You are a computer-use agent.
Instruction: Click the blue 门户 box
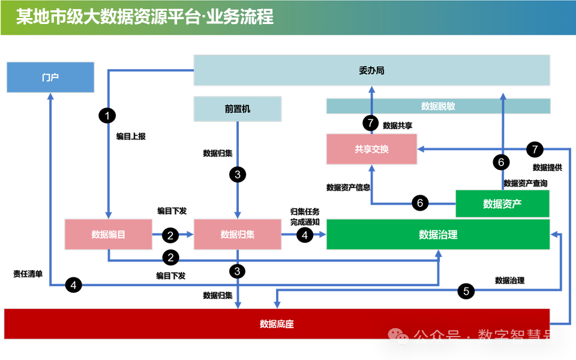pyautogui.click(x=50, y=77)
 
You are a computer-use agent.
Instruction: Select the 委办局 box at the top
pyautogui.click(x=371, y=70)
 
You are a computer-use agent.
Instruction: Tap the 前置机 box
pyautogui.click(x=238, y=109)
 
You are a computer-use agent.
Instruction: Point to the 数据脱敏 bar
pyautogui.click(x=438, y=106)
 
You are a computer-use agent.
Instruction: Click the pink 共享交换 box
pyautogui.click(x=371, y=149)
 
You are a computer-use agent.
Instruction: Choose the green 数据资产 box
pyautogui.click(x=502, y=204)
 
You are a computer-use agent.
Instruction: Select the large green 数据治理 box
pyautogui.click(x=438, y=235)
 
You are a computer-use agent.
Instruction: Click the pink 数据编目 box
pyautogui.click(x=109, y=235)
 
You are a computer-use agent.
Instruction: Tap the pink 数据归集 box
pyautogui.click(x=238, y=235)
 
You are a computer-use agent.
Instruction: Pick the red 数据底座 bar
pyautogui.click(x=277, y=324)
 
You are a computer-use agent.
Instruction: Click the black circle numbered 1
pyautogui.click(x=107, y=115)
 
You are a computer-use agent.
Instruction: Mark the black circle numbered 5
pyautogui.click(x=466, y=292)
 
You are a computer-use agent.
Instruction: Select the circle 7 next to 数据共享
pyautogui.click(x=371, y=124)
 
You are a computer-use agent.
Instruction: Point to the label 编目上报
pyautogui.click(x=131, y=136)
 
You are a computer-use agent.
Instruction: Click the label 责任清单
pyautogui.click(x=28, y=274)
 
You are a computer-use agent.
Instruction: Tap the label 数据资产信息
pyautogui.click(x=348, y=187)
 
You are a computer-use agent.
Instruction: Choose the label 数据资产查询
pyautogui.click(x=525, y=183)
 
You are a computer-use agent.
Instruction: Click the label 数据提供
pyautogui.click(x=547, y=167)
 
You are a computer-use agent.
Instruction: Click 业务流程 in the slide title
pyautogui.click(x=240, y=17)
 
